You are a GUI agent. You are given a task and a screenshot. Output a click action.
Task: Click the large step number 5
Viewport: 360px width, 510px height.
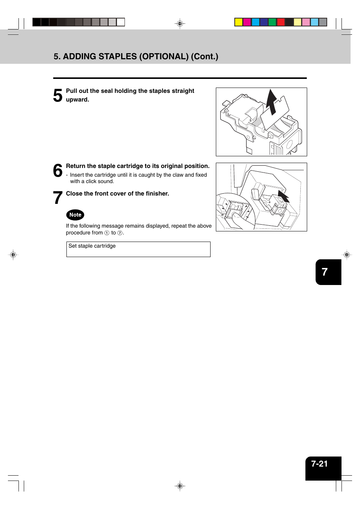coord(58,96)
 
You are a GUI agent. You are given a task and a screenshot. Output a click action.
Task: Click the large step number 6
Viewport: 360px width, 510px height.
coord(58,171)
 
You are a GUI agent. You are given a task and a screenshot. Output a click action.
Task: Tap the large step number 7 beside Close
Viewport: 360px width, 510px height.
coord(58,198)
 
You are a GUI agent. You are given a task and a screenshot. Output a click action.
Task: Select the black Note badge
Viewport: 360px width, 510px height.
coord(75,215)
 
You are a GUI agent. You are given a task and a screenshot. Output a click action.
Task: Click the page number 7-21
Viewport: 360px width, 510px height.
coord(319,464)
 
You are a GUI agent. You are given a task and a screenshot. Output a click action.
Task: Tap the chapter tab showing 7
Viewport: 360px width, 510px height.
coord(325,272)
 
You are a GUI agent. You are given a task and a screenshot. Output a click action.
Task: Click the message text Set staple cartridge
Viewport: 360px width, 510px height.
coord(92,246)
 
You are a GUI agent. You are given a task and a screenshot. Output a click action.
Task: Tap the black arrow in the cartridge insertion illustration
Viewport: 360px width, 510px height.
coord(283,196)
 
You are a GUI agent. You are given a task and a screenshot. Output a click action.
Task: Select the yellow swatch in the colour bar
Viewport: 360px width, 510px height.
coord(238,22)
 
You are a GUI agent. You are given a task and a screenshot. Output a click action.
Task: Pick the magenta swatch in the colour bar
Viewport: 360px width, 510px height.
coord(247,22)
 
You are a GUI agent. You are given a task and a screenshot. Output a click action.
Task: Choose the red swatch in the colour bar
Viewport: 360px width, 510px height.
coord(281,22)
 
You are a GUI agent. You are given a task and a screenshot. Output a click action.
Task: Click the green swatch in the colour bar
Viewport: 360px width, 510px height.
coord(272,22)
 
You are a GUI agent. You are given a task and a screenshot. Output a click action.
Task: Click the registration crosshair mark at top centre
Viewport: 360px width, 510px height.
coord(180,23)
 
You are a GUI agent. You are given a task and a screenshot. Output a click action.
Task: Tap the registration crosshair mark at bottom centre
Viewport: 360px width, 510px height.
coord(180,486)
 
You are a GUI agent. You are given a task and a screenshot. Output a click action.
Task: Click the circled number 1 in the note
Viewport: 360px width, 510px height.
coord(107,233)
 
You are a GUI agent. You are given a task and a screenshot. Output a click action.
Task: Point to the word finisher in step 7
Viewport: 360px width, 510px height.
coord(157,194)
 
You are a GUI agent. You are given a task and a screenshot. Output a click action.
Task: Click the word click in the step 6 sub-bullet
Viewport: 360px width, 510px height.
coord(91,182)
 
